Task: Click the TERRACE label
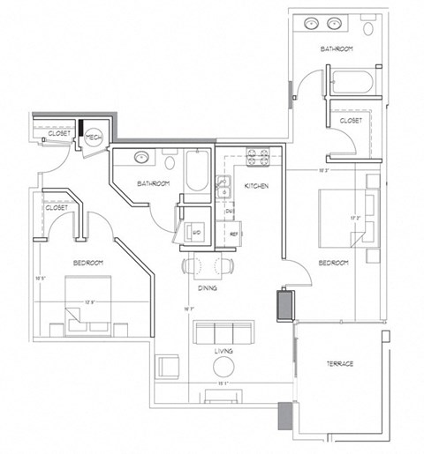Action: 340,363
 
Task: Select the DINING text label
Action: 208,287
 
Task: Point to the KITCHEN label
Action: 257,187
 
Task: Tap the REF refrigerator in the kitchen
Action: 234,234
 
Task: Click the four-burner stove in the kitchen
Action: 256,158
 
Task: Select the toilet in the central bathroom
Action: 171,160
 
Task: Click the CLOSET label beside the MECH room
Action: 48,134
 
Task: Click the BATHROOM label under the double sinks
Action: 337,48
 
